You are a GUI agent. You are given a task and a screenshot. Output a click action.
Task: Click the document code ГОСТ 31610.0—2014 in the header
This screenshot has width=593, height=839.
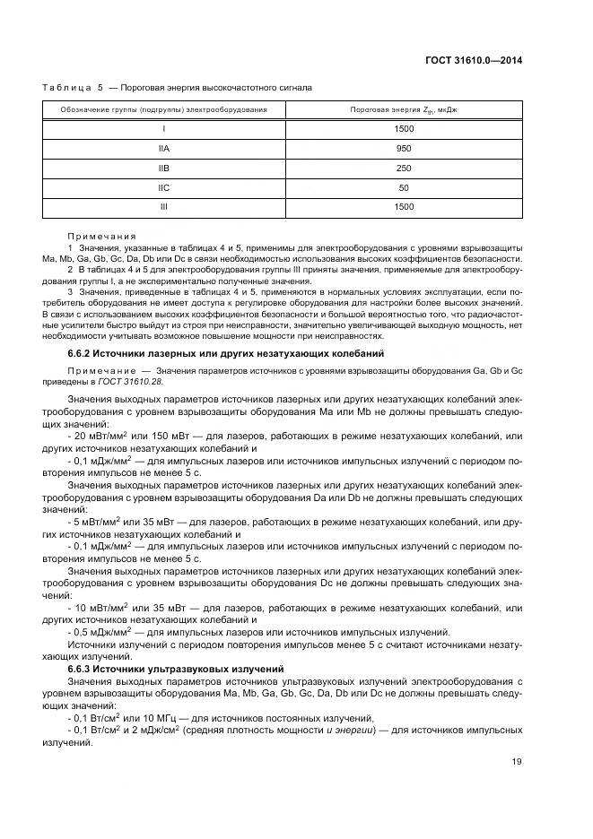[x=472, y=61]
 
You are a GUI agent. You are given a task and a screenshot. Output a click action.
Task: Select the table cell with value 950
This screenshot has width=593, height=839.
[x=403, y=148]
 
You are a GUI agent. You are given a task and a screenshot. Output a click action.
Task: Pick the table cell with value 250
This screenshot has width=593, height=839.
[x=403, y=168]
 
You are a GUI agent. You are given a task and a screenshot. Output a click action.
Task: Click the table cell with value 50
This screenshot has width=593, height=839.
[x=403, y=187]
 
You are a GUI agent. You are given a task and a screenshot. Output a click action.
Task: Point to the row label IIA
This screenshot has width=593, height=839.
[x=164, y=148]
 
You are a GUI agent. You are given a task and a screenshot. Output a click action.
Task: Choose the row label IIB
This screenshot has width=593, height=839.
[x=164, y=168]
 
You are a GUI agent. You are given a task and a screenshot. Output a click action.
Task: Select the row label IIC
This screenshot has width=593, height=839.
[x=164, y=187]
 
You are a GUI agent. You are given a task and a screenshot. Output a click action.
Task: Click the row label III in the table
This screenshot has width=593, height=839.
[x=164, y=207]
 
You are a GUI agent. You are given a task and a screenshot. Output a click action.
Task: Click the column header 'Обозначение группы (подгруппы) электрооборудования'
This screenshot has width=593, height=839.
[x=164, y=109]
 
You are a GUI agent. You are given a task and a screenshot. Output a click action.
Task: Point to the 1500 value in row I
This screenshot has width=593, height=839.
[x=403, y=128]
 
